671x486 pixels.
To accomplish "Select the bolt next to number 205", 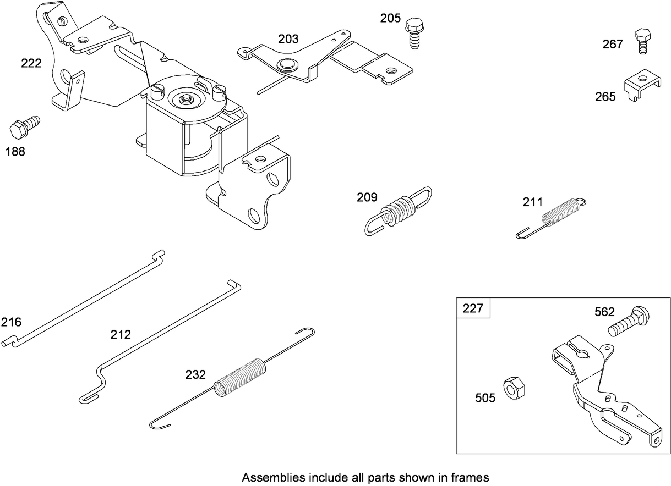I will tap(413, 32).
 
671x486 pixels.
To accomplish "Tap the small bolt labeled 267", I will tap(642, 40).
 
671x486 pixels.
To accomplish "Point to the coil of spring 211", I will tap(561, 212).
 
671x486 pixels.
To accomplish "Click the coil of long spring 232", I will tap(240, 375).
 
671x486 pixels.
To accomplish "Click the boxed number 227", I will tap(473, 308).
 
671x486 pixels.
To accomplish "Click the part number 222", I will tap(31, 63).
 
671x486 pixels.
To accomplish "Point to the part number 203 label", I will tap(288, 39).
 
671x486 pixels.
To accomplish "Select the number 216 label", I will tap(11, 322).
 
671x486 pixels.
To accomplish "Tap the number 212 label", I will tap(121, 334).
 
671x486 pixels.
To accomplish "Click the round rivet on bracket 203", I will tap(285, 64).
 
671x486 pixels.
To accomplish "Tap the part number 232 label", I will tap(195, 375).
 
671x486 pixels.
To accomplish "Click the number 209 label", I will tap(367, 197).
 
